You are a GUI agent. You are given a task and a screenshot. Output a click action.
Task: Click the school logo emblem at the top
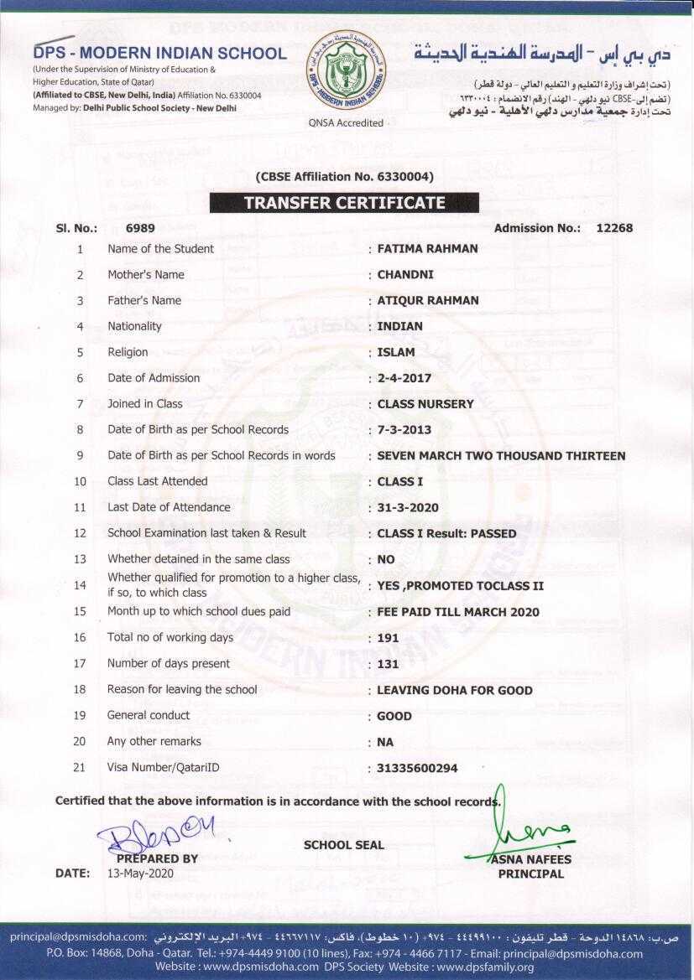346,73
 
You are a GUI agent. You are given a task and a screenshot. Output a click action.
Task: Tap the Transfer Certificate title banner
344,203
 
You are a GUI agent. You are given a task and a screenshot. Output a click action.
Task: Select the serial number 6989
140,228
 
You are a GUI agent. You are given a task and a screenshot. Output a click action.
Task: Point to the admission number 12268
614,228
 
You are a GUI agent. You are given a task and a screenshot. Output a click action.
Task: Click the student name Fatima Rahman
427,248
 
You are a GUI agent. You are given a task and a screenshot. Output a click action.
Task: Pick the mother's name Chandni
405,274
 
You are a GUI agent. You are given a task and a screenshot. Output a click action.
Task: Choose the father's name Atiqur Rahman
428,300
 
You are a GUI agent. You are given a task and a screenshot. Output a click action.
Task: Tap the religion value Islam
396,352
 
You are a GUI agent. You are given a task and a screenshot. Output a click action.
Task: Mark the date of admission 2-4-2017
404,378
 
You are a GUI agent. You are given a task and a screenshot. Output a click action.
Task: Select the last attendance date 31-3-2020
408,508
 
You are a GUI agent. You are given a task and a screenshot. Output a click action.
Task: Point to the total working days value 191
388,638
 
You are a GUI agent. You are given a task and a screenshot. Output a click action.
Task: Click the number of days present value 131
388,664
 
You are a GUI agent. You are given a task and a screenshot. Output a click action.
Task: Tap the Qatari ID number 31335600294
418,768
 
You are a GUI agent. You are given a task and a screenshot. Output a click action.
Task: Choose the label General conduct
149,715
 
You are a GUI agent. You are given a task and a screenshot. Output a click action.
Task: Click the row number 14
80,585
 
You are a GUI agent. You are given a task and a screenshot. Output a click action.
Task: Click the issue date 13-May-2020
139,873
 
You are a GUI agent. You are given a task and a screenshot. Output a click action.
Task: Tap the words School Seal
343,845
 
